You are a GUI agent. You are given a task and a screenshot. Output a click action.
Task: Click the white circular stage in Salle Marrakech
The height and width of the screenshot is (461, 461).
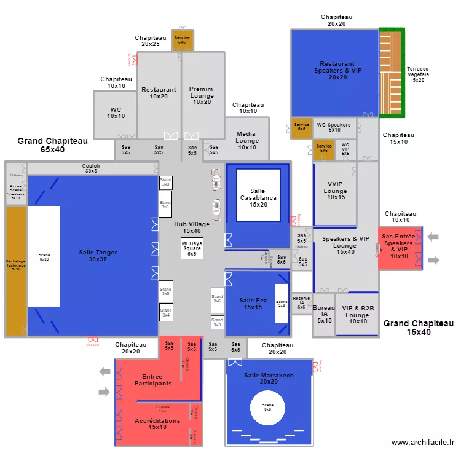pyautogui.click(x=267, y=408)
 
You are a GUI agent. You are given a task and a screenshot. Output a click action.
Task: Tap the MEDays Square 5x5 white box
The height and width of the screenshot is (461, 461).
pyautogui.click(x=192, y=248)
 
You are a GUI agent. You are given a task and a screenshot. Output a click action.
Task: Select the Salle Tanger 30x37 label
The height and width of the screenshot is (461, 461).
pyautogui.click(x=98, y=256)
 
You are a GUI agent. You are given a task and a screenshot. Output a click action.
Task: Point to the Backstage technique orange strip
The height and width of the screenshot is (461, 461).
pyautogui.click(x=16, y=270)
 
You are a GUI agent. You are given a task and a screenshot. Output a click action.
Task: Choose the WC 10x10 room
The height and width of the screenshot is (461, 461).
pyautogui.click(x=116, y=113)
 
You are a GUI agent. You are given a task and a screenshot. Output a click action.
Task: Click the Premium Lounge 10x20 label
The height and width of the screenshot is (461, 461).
pyautogui.click(x=202, y=95)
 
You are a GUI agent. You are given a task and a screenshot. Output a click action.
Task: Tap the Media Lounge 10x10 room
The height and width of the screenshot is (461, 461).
pyautogui.click(x=247, y=140)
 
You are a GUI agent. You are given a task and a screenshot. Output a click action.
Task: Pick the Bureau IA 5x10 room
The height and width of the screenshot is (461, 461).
pyautogui.click(x=324, y=315)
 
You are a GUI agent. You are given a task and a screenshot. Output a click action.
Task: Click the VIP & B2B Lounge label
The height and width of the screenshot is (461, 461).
pyautogui.click(x=358, y=315)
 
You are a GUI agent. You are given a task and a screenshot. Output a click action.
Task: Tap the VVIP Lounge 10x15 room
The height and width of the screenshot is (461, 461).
pyautogui.click(x=336, y=191)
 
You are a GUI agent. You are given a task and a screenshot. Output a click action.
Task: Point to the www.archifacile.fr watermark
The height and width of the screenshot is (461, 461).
pyautogui.click(x=422, y=442)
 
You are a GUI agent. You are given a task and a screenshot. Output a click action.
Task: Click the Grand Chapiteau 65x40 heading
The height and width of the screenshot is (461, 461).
pyautogui.click(x=52, y=145)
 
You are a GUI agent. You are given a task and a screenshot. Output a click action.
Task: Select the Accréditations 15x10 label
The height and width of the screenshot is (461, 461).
pyautogui.click(x=157, y=424)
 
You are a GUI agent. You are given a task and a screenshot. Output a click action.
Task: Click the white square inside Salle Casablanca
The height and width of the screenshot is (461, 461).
pyautogui.click(x=258, y=195)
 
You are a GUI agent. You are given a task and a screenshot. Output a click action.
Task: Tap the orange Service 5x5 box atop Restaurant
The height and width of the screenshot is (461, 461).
pyautogui.click(x=182, y=40)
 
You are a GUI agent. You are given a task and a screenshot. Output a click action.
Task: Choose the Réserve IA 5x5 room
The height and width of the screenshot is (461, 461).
pyautogui.click(x=301, y=303)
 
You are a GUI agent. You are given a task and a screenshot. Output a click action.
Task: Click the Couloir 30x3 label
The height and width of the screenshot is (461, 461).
pyautogui.click(x=91, y=168)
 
